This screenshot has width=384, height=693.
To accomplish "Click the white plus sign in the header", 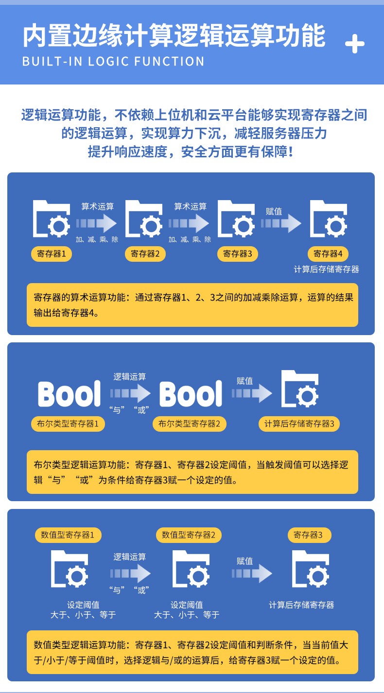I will (x=354, y=45).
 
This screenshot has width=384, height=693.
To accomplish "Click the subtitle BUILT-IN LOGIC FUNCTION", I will (x=113, y=62).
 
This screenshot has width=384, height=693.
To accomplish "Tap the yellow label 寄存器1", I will (x=52, y=254).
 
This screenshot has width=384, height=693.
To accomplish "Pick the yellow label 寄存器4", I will (x=328, y=254).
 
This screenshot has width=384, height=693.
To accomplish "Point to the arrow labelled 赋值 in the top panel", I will (x=281, y=224).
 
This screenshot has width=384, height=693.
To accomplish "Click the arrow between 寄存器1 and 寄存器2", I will (x=96, y=224).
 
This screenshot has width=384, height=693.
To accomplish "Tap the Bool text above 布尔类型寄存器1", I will (x=69, y=394).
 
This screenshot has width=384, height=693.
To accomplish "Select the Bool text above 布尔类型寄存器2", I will (x=191, y=394).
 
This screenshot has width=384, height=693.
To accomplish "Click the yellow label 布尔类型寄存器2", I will (x=190, y=423).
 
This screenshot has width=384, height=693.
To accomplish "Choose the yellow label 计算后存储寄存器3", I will (x=299, y=423).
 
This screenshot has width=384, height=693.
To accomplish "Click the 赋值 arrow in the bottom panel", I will (x=251, y=574).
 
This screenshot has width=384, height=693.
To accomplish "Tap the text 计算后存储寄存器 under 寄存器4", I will (x=326, y=269).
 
